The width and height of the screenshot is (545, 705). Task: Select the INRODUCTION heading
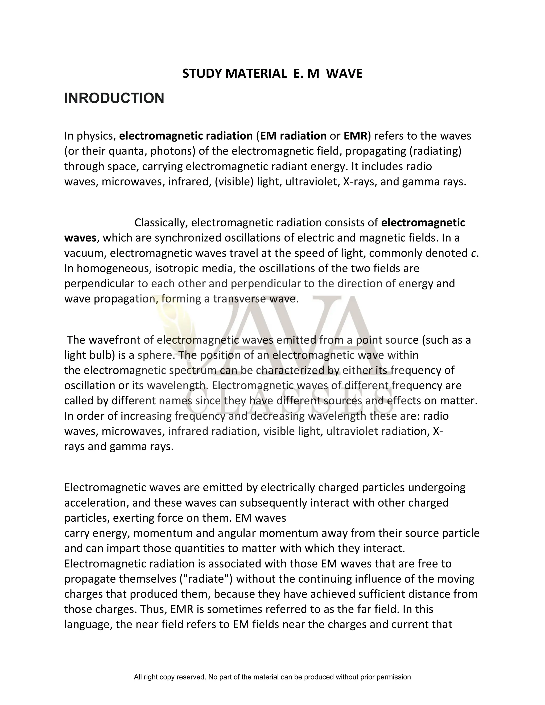114,98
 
